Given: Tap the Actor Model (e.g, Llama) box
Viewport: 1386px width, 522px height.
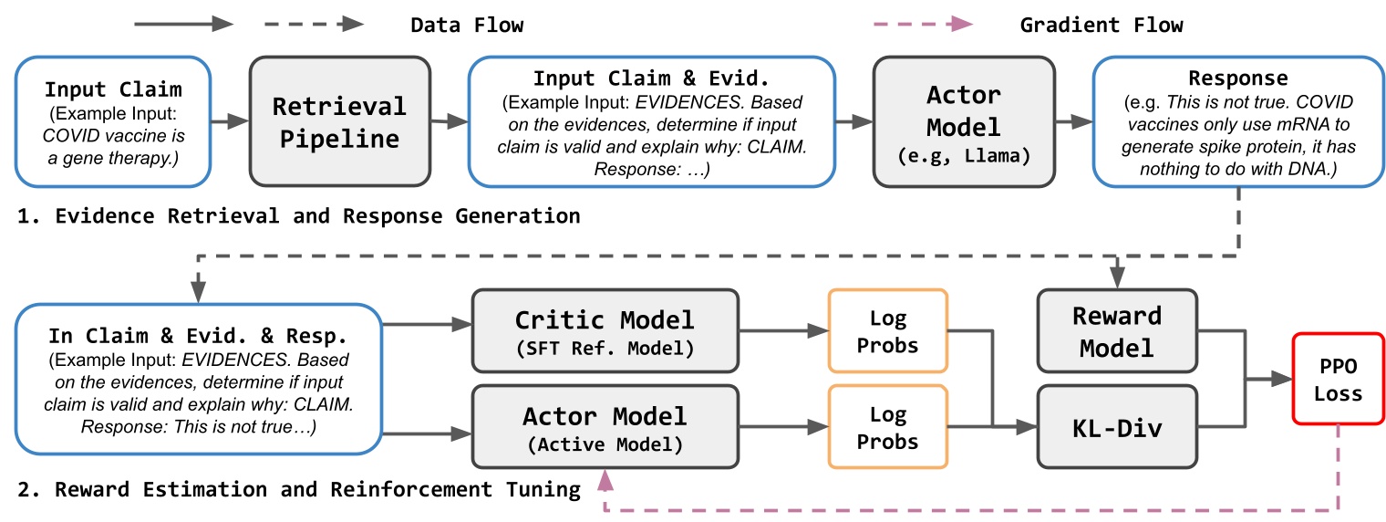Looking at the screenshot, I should coord(964,122).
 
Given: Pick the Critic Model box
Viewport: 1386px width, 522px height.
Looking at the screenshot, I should coord(604,331).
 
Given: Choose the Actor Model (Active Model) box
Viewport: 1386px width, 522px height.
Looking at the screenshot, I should coord(604,427).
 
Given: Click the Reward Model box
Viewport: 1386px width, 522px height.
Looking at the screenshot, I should coord(1116,331).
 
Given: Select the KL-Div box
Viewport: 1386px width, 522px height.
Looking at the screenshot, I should coord(1116,427).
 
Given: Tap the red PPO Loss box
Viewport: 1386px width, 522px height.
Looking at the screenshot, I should coord(1338,381).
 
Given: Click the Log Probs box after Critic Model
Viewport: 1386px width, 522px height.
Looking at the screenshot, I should coord(887,331).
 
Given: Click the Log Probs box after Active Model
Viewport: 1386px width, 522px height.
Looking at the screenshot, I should coord(887,427).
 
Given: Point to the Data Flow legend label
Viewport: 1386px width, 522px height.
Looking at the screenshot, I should coord(467,25).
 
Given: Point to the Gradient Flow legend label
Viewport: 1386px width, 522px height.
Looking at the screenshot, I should coord(1102,25).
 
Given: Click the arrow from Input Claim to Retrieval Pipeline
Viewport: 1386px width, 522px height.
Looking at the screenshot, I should coord(230,120).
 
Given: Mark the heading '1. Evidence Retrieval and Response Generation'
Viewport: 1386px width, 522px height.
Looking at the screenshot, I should coord(298,217).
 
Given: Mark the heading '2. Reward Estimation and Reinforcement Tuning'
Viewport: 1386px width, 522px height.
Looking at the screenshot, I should coord(298,490).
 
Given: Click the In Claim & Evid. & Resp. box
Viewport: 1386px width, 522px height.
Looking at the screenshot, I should coord(198,379).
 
